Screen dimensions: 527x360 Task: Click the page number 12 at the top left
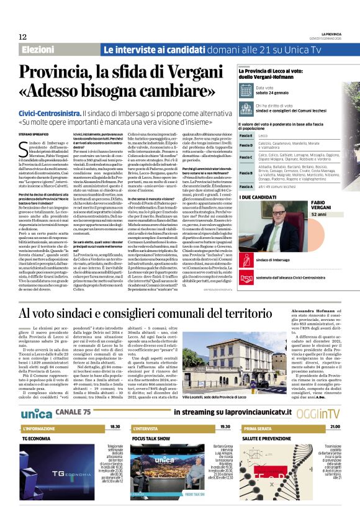(23, 37)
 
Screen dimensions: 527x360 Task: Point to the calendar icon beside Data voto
(245, 91)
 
